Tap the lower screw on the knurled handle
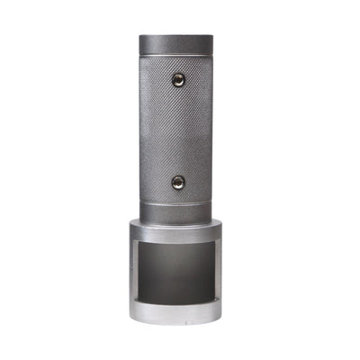(177, 182)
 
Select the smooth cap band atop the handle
(178, 43)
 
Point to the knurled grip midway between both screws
(177, 131)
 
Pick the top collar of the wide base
(177, 230)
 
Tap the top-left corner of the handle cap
(140, 37)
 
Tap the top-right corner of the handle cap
(214, 37)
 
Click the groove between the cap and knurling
(177, 54)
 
